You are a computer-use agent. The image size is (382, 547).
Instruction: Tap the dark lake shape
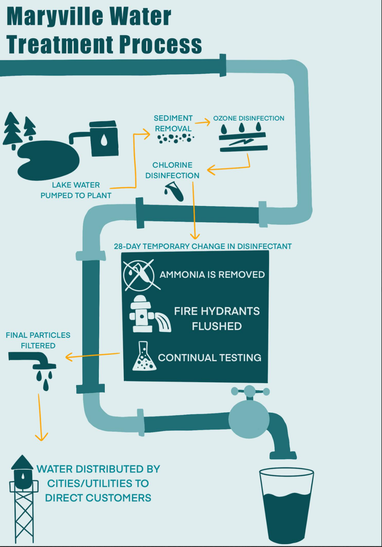click(x=48, y=160)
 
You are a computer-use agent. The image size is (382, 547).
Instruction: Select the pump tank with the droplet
click(x=104, y=139)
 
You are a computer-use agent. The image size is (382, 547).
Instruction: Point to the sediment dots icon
click(x=175, y=138)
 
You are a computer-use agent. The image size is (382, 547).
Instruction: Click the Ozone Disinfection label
click(x=248, y=118)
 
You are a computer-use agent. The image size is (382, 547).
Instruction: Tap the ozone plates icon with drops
click(x=243, y=139)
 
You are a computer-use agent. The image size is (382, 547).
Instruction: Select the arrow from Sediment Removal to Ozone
click(x=203, y=122)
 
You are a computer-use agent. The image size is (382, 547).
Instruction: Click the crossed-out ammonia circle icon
click(x=139, y=275)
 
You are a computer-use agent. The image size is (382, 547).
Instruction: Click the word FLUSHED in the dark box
click(x=217, y=326)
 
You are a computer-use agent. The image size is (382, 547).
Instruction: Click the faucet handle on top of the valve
click(x=250, y=391)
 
